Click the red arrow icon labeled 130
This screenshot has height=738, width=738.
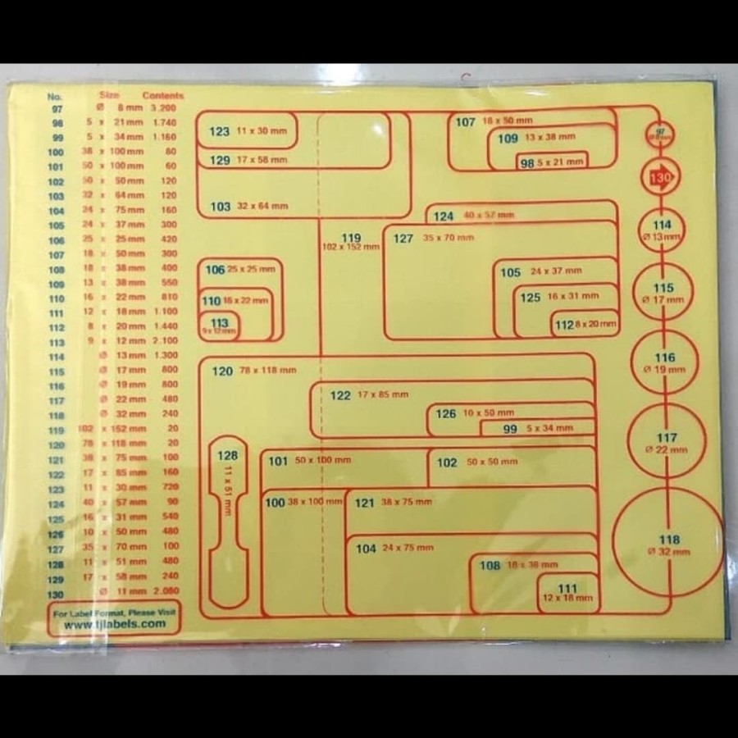pos(661,176)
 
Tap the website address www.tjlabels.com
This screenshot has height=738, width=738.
pos(115,624)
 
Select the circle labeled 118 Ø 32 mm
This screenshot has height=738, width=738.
pos(668,544)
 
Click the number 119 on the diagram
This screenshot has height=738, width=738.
pos(351,238)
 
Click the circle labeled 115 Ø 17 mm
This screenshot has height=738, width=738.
pos(663,293)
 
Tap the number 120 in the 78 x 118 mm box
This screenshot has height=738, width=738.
pos(222,371)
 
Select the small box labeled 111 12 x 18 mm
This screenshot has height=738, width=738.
pos(567,593)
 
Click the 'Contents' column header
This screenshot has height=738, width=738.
pos(162,96)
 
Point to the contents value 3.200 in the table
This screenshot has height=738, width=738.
pos(164,108)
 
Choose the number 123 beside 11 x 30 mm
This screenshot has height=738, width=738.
pos(219,131)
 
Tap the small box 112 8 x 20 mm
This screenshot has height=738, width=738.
pos(585,325)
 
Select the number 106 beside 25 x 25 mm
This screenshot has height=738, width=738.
pos(215,270)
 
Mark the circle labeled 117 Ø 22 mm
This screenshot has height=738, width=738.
pos(667,442)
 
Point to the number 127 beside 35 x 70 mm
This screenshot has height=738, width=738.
pos(403,239)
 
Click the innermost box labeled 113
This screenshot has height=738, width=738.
pos(219,326)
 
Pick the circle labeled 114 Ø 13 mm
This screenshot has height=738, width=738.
pos(662,230)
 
